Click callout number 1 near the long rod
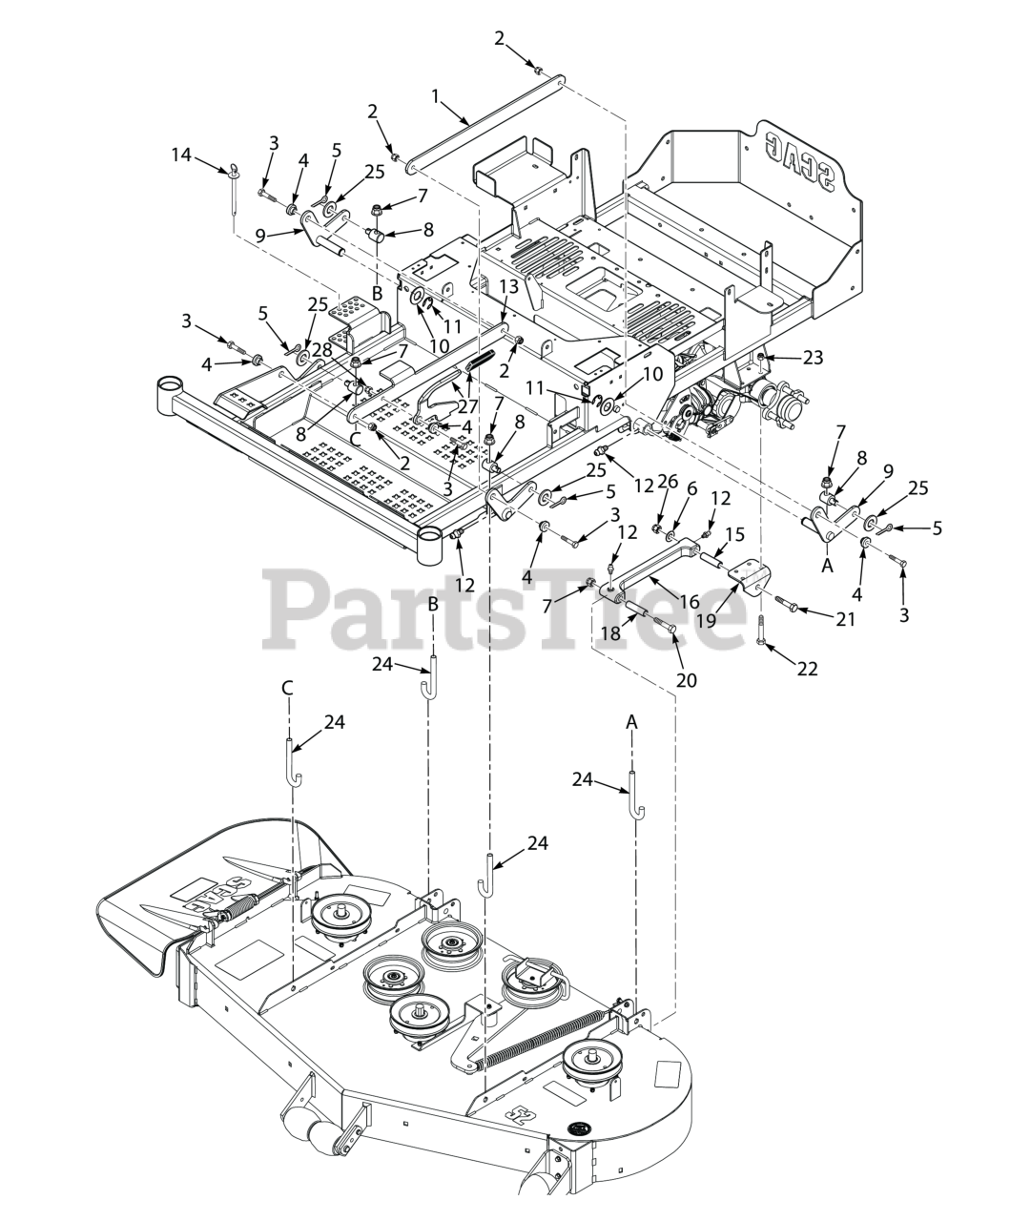(x=436, y=95)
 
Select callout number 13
(x=508, y=286)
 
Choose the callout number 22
(x=808, y=669)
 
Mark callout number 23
(x=813, y=359)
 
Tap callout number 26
(x=667, y=482)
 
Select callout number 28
(x=322, y=350)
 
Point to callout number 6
(x=691, y=488)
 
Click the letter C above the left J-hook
(x=287, y=687)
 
